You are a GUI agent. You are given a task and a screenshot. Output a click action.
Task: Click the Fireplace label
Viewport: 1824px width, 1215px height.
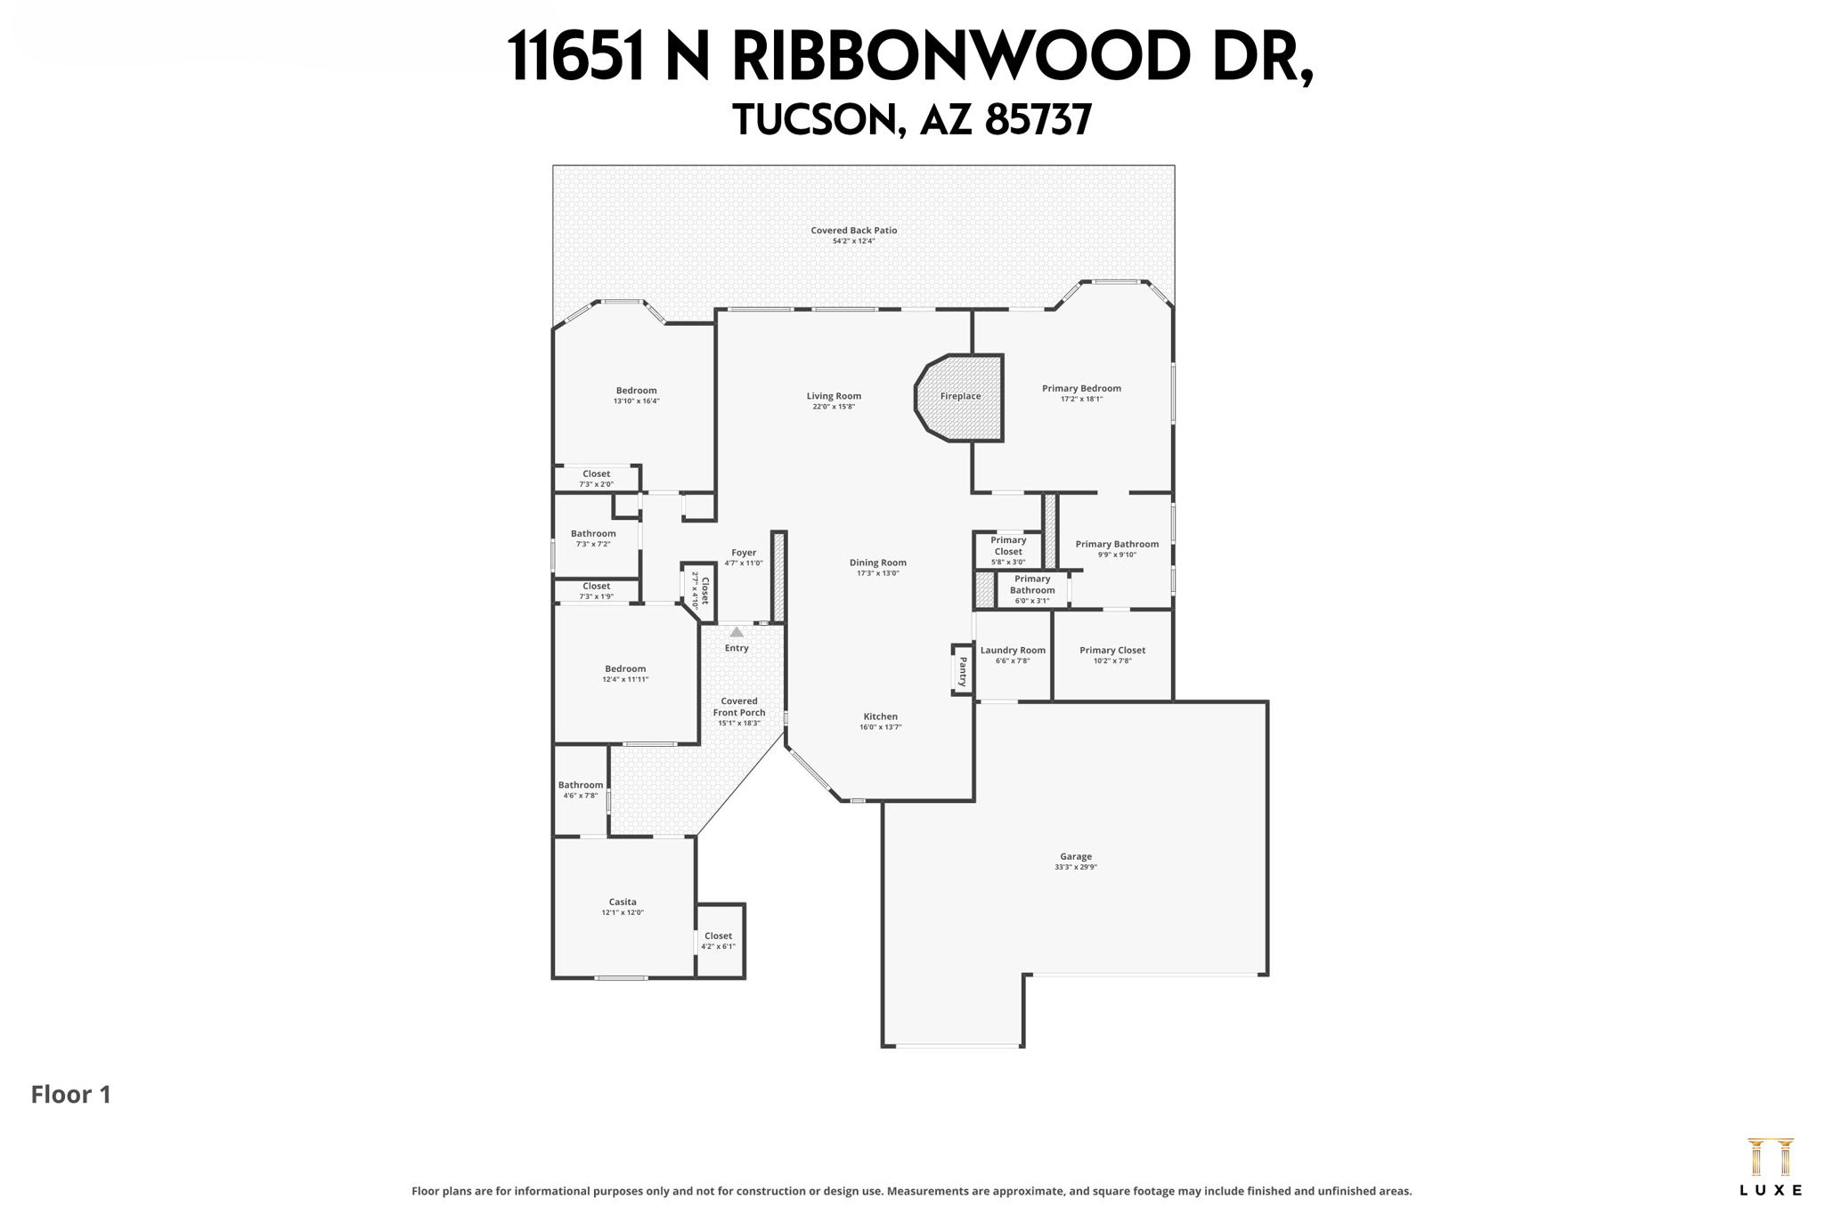pyautogui.click(x=960, y=397)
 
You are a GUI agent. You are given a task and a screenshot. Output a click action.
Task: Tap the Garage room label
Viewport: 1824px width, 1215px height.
pyautogui.click(x=1075, y=856)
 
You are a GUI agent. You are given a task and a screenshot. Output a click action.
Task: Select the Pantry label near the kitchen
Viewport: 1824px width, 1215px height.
pyautogui.click(x=963, y=670)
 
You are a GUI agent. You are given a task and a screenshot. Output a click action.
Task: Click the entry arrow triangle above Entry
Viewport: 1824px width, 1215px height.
pyautogui.click(x=737, y=632)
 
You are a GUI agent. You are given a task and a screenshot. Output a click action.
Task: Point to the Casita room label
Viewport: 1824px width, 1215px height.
pyautogui.click(x=623, y=902)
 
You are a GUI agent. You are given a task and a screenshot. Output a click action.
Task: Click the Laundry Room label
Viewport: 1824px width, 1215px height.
pyautogui.click(x=1013, y=650)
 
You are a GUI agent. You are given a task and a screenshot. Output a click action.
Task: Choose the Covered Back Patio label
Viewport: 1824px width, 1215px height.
pyautogui.click(x=853, y=231)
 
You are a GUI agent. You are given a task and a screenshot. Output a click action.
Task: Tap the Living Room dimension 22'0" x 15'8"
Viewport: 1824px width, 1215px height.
pyautogui.click(x=834, y=407)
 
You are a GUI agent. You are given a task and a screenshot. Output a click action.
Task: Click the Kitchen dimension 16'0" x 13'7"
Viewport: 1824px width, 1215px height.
pyautogui.click(x=880, y=727)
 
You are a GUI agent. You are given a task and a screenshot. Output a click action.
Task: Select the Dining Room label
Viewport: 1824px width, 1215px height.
pyautogui.click(x=877, y=563)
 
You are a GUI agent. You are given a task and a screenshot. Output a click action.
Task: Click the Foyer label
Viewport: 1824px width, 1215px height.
pyautogui.click(x=744, y=553)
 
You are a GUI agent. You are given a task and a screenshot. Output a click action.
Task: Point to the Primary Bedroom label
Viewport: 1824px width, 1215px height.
pyautogui.click(x=1081, y=388)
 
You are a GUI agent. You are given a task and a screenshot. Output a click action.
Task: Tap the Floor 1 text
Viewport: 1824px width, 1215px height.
pyautogui.click(x=71, y=1094)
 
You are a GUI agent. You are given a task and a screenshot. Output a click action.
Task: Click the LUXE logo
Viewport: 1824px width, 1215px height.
pyautogui.click(x=1770, y=1167)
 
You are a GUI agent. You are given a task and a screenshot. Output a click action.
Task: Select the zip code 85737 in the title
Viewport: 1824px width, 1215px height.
pyautogui.click(x=1038, y=120)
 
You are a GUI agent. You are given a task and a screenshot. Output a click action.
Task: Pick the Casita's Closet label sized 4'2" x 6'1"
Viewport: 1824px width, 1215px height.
pyautogui.click(x=718, y=936)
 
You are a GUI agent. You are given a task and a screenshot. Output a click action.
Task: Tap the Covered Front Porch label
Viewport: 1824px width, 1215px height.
pyautogui.click(x=739, y=707)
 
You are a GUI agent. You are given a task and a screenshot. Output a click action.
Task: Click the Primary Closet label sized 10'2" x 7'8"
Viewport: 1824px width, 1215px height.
pyautogui.click(x=1112, y=650)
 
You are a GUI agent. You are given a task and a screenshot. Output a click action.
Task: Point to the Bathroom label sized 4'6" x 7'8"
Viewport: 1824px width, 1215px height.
pyautogui.click(x=581, y=785)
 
